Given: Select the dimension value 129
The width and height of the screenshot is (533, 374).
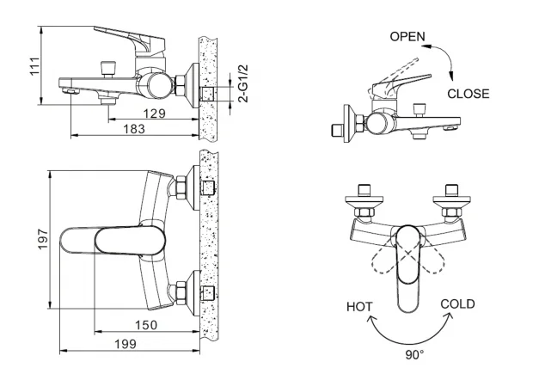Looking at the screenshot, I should coord(154,113).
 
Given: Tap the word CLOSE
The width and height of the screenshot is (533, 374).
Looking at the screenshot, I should coord(469,94).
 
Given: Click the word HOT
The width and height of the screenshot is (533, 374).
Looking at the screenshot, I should coord(359,306).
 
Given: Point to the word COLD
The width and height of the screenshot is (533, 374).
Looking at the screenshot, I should coord(457,304).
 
